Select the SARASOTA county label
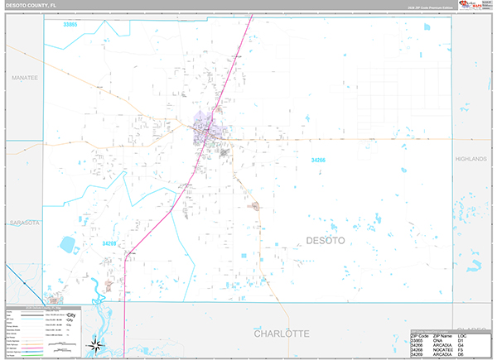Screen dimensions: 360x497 25,223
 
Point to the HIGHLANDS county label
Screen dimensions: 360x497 475,157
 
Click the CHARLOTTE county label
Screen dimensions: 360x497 270,334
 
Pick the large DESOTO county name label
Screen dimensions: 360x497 326,240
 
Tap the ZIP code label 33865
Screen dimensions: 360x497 70,26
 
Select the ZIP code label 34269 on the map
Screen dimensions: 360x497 111,243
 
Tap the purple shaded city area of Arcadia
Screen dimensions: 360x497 204,130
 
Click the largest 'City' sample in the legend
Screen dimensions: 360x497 71,316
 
